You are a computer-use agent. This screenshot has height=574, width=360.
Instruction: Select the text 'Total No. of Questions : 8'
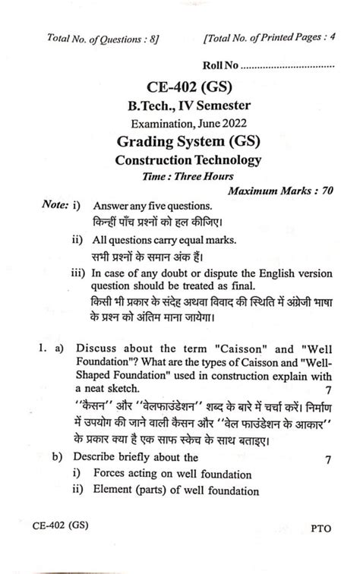[x=103, y=39]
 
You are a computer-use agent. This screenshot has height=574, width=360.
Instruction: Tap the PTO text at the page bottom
[x=322, y=545]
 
